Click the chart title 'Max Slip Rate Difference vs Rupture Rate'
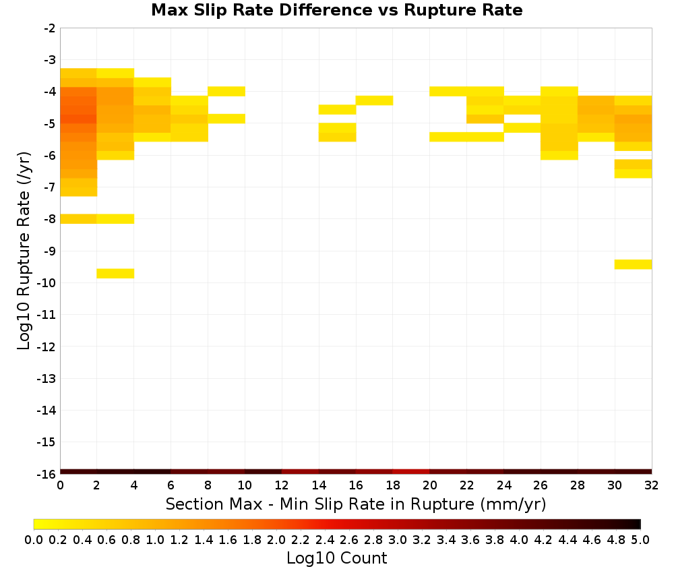point(336,10)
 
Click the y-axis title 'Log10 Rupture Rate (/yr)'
point(24,251)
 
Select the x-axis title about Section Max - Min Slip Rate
point(355,504)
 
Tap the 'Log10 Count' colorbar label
point(336,558)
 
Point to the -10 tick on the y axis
point(47,283)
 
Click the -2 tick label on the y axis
point(50,28)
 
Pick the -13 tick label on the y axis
point(47,378)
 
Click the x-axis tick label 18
point(393,485)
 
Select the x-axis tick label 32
point(651,485)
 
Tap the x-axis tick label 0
point(60,485)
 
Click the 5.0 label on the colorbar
point(640,539)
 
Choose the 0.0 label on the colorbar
point(34,539)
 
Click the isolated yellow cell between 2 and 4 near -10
point(115,274)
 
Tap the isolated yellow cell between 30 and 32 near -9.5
point(633,264)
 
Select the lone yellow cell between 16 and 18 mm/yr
point(374,100)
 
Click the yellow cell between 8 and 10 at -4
point(226,91)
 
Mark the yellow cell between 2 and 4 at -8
point(115,219)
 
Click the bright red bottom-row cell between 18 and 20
point(411,472)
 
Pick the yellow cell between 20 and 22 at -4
point(448,91)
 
